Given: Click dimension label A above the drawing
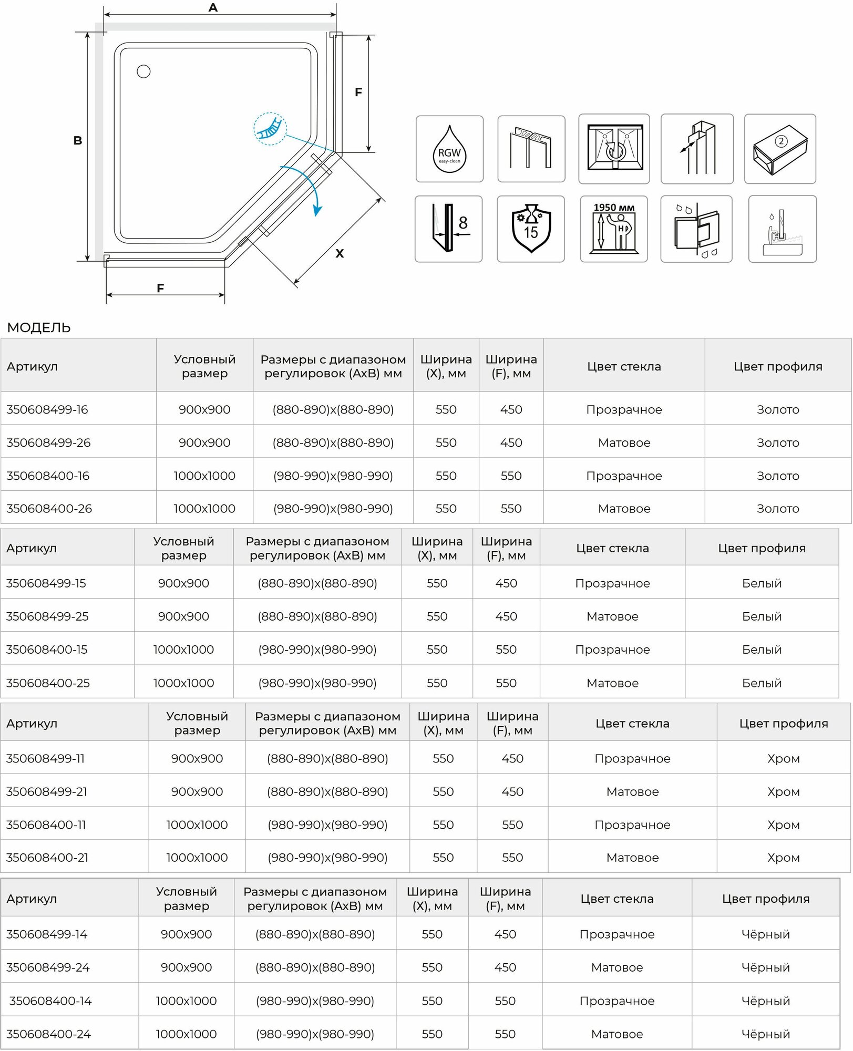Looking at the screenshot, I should point(213,8).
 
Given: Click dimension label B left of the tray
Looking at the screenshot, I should point(78,141).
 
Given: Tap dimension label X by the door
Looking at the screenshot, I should point(340,254).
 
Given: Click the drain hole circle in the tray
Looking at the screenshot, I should point(143,71).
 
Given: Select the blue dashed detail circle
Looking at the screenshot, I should point(270,129).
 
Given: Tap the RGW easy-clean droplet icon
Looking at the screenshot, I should point(449,149).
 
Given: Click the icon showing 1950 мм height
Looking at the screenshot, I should point(614,229).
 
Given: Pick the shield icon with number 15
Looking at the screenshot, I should point(531,229).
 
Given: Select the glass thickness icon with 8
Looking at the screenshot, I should point(448,229).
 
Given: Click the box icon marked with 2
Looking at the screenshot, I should point(780,149).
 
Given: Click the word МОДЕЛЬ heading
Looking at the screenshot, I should point(39,328).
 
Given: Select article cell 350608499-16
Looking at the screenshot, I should point(47,410).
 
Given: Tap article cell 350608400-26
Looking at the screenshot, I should point(49,509).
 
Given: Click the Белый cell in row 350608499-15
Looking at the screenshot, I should point(762,583).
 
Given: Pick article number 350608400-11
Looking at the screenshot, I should point(46,825).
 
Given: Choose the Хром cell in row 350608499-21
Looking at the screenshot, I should point(783,792).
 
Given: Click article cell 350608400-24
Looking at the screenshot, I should point(48,1034).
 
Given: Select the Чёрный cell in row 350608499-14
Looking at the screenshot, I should point(765,934).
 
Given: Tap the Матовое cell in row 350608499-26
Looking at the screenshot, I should point(624,443).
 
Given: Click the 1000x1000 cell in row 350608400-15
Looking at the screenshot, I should point(183,650).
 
